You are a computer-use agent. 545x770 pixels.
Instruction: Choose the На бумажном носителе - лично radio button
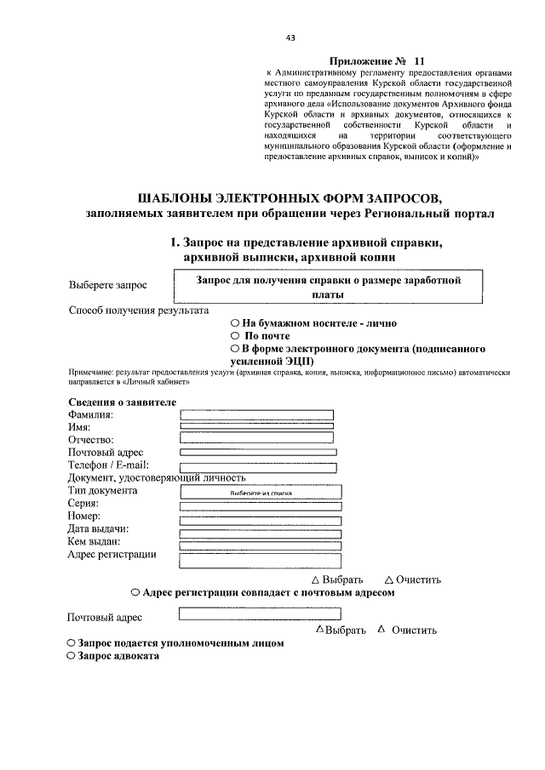click(x=235, y=323)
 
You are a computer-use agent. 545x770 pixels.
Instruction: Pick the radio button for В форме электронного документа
click(x=235, y=349)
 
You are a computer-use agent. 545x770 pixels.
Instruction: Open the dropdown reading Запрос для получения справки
click(x=328, y=286)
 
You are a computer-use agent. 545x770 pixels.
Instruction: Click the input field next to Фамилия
click(x=256, y=414)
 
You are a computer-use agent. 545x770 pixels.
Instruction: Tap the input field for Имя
click(x=256, y=425)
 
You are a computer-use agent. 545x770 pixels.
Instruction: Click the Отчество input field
click(x=256, y=438)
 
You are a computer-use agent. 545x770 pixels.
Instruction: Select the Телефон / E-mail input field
click(x=259, y=466)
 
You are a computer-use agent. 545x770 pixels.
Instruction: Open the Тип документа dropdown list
click(x=261, y=492)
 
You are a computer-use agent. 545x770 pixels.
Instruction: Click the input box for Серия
click(x=261, y=505)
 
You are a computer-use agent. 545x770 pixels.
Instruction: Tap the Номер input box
click(x=261, y=520)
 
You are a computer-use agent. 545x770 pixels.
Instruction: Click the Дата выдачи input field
click(x=261, y=533)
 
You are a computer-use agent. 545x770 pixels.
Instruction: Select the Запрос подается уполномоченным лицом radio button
click(x=71, y=643)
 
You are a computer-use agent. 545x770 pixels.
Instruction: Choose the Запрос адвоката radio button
click(x=71, y=656)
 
